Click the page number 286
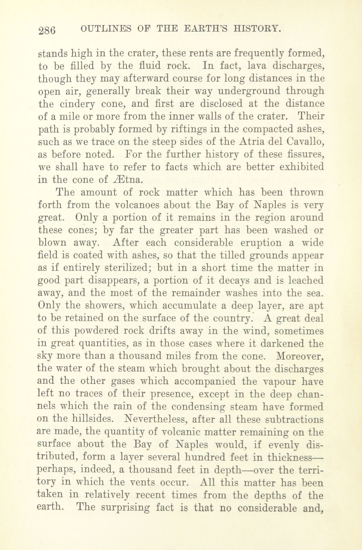pos(47,30)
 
